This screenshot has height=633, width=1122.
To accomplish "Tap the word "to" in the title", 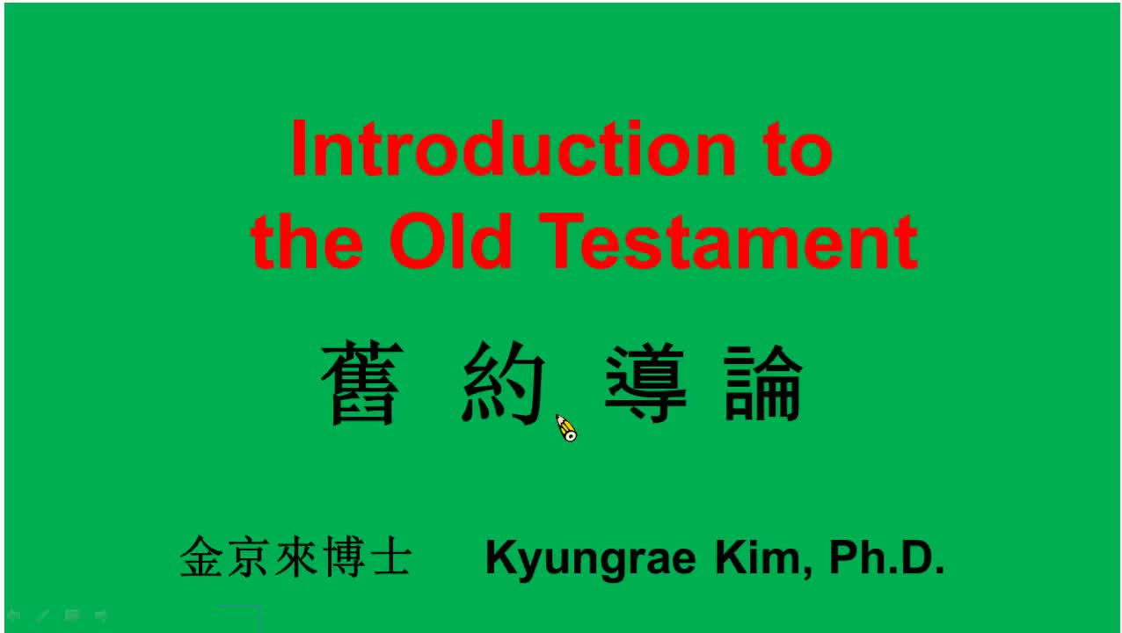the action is pos(799,149).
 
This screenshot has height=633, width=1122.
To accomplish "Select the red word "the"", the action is pos(307,241).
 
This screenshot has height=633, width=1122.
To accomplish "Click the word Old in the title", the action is pos(450,240).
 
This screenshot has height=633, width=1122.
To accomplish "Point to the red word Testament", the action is pos(729,241).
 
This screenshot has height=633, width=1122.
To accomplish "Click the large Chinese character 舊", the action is pos(362,382).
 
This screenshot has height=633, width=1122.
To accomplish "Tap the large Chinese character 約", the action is pos(503,382).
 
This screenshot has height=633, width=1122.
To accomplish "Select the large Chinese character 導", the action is pos(645,382).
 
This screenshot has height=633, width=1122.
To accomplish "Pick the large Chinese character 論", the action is pos(763,382).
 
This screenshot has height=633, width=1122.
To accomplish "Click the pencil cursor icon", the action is pos(566,429).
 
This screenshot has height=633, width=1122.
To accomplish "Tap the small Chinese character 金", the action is pos(200,557).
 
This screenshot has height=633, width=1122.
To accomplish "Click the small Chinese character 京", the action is pos(247,557).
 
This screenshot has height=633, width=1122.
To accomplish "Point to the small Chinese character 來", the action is pos(295,557).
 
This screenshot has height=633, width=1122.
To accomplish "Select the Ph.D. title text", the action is pos(886,557).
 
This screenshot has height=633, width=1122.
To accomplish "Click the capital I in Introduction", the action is pos(299,149).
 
